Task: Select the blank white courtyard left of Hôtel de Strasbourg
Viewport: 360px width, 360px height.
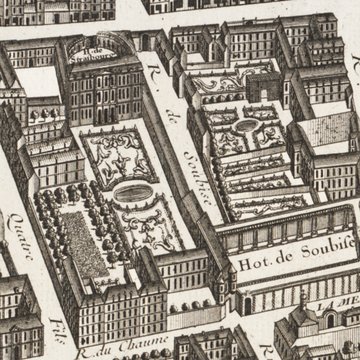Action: [36, 80]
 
